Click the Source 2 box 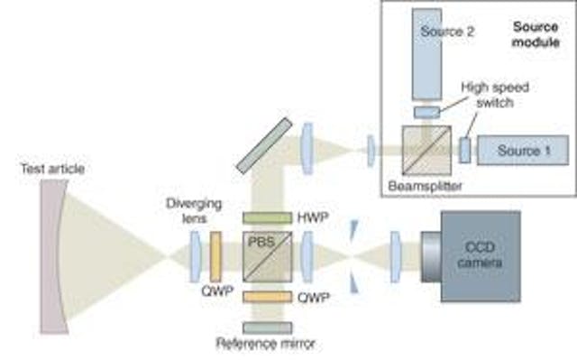[439, 54]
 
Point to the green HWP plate [267, 218]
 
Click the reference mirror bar [267, 327]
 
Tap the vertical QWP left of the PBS [215, 256]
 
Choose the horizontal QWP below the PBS [267, 297]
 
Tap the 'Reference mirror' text [265, 345]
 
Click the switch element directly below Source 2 [427, 111]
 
